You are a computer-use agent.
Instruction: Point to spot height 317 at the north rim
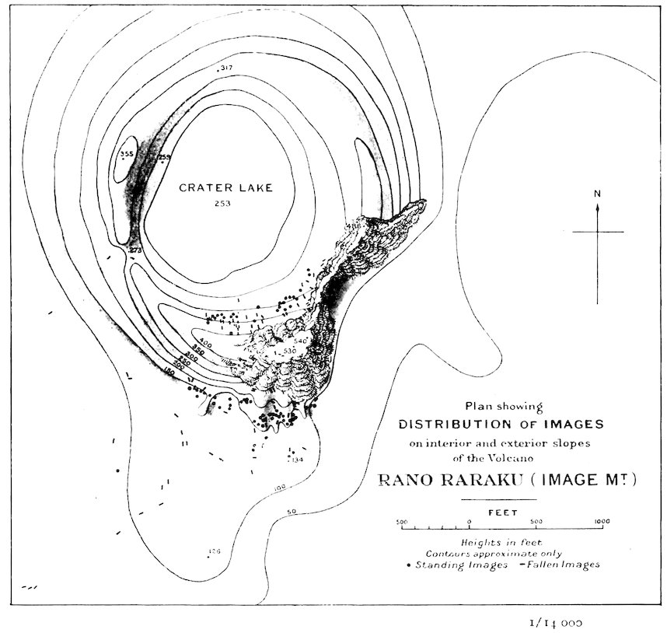pos(226,69)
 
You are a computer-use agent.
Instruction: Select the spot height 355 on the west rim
pos(127,154)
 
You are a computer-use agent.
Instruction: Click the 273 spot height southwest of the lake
pos(136,250)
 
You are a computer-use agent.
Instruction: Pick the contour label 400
pos(205,342)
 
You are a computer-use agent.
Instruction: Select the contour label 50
pos(292,512)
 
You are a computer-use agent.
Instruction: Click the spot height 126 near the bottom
pos(214,551)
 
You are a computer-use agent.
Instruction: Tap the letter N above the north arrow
pos(597,194)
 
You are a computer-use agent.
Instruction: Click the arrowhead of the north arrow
pos(597,207)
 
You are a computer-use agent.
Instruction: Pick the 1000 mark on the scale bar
pos(600,522)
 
